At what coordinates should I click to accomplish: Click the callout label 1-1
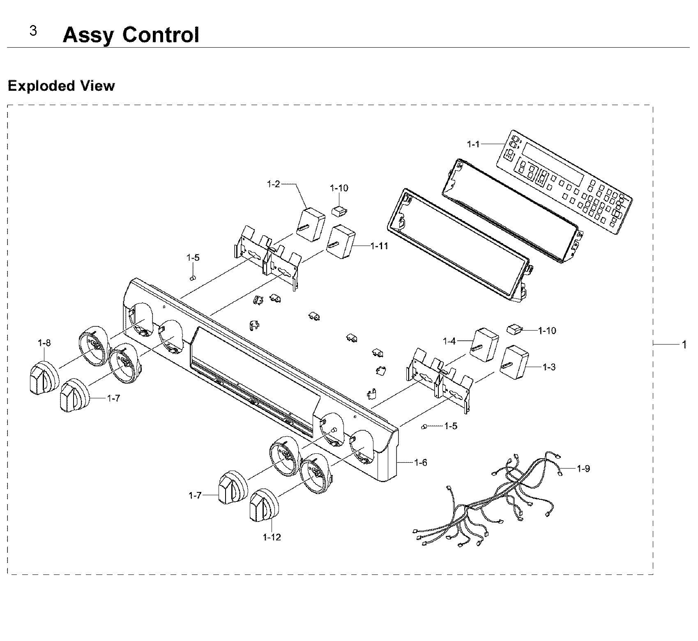coord(473,144)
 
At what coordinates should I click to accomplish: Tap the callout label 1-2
coord(273,184)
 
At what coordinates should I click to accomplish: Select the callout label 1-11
coord(379,246)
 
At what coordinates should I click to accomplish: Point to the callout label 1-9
coord(583,468)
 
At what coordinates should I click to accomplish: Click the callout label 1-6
coord(420,463)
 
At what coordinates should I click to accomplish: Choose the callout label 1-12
coord(272,537)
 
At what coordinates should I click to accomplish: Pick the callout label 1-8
coord(44,342)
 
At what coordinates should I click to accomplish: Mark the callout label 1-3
coord(549,367)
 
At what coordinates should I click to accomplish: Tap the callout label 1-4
coord(449,341)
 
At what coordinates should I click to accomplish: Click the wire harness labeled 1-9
coord(493,501)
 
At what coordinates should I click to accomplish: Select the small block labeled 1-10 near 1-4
coord(514,329)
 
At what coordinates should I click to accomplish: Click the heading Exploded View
coord(61,86)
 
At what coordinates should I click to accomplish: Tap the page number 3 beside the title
coord(33,31)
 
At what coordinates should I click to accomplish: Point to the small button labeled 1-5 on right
coord(424,427)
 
